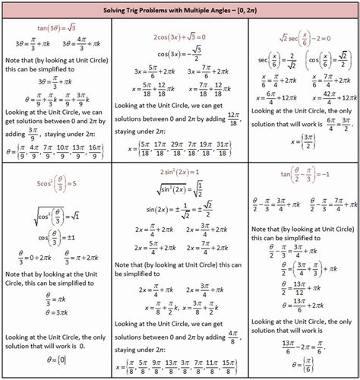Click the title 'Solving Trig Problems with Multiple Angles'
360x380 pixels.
[x=179, y=8]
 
